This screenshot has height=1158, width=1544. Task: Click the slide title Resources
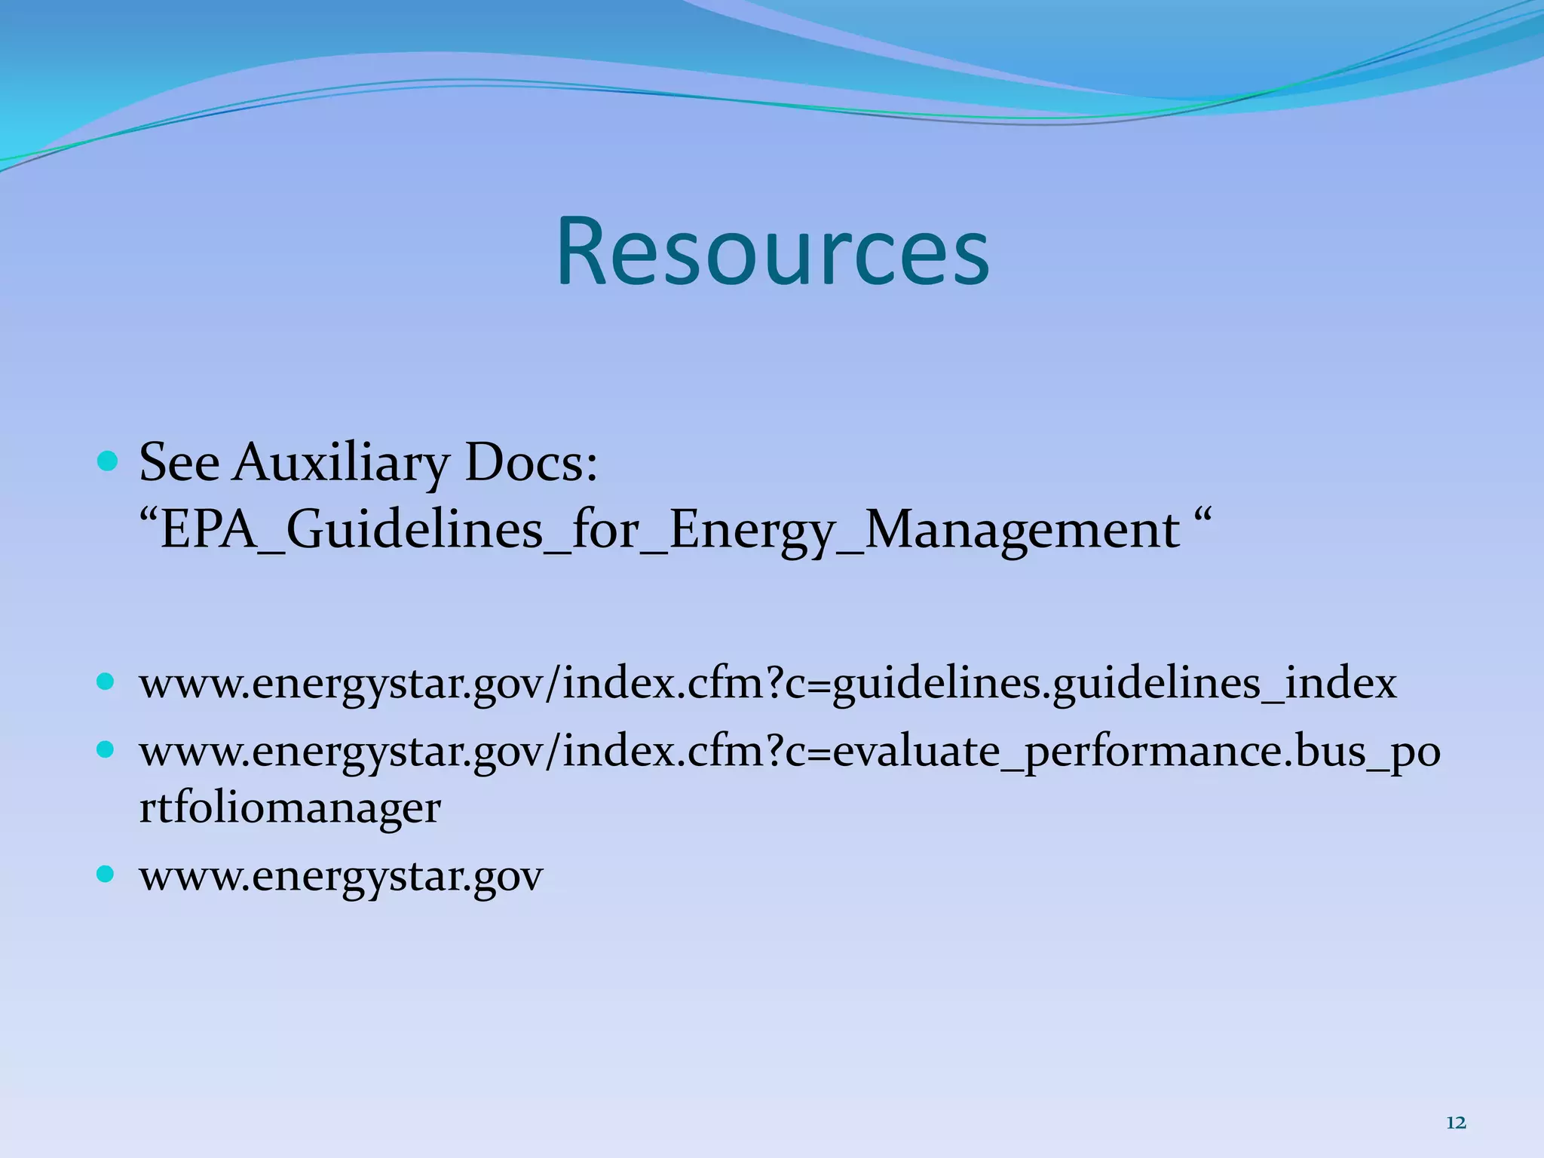773,252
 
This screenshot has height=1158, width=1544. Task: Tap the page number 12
1456,1123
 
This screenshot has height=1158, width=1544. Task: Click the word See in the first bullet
179,461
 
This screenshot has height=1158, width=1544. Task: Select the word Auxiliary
341,463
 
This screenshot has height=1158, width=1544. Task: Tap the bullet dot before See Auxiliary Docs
108,460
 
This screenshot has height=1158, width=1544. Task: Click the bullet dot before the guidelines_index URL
106,682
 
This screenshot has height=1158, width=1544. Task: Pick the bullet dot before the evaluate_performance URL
106,749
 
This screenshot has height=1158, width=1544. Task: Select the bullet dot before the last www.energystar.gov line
106,875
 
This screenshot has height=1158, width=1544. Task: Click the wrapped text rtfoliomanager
289,808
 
